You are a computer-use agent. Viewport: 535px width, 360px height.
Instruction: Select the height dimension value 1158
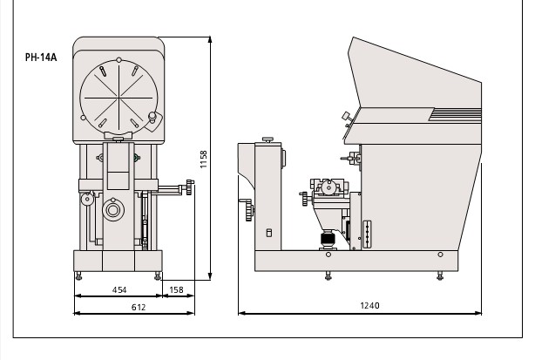pyautogui.click(x=203, y=159)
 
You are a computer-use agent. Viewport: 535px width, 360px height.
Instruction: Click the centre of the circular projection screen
pyautogui.click(x=117, y=93)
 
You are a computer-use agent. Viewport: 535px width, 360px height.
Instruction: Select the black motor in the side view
pyautogui.click(x=328, y=239)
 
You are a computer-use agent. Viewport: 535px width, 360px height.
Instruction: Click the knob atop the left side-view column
pyautogui.click(x=267, y=139)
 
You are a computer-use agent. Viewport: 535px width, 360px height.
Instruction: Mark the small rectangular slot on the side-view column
pyautogui.click(x=267, y=233)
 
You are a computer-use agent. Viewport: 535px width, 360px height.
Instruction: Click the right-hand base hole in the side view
pyautogui.click(x=441, y=254)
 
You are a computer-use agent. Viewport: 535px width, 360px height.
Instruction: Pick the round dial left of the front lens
pyautogui.click(x=86, y=200)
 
